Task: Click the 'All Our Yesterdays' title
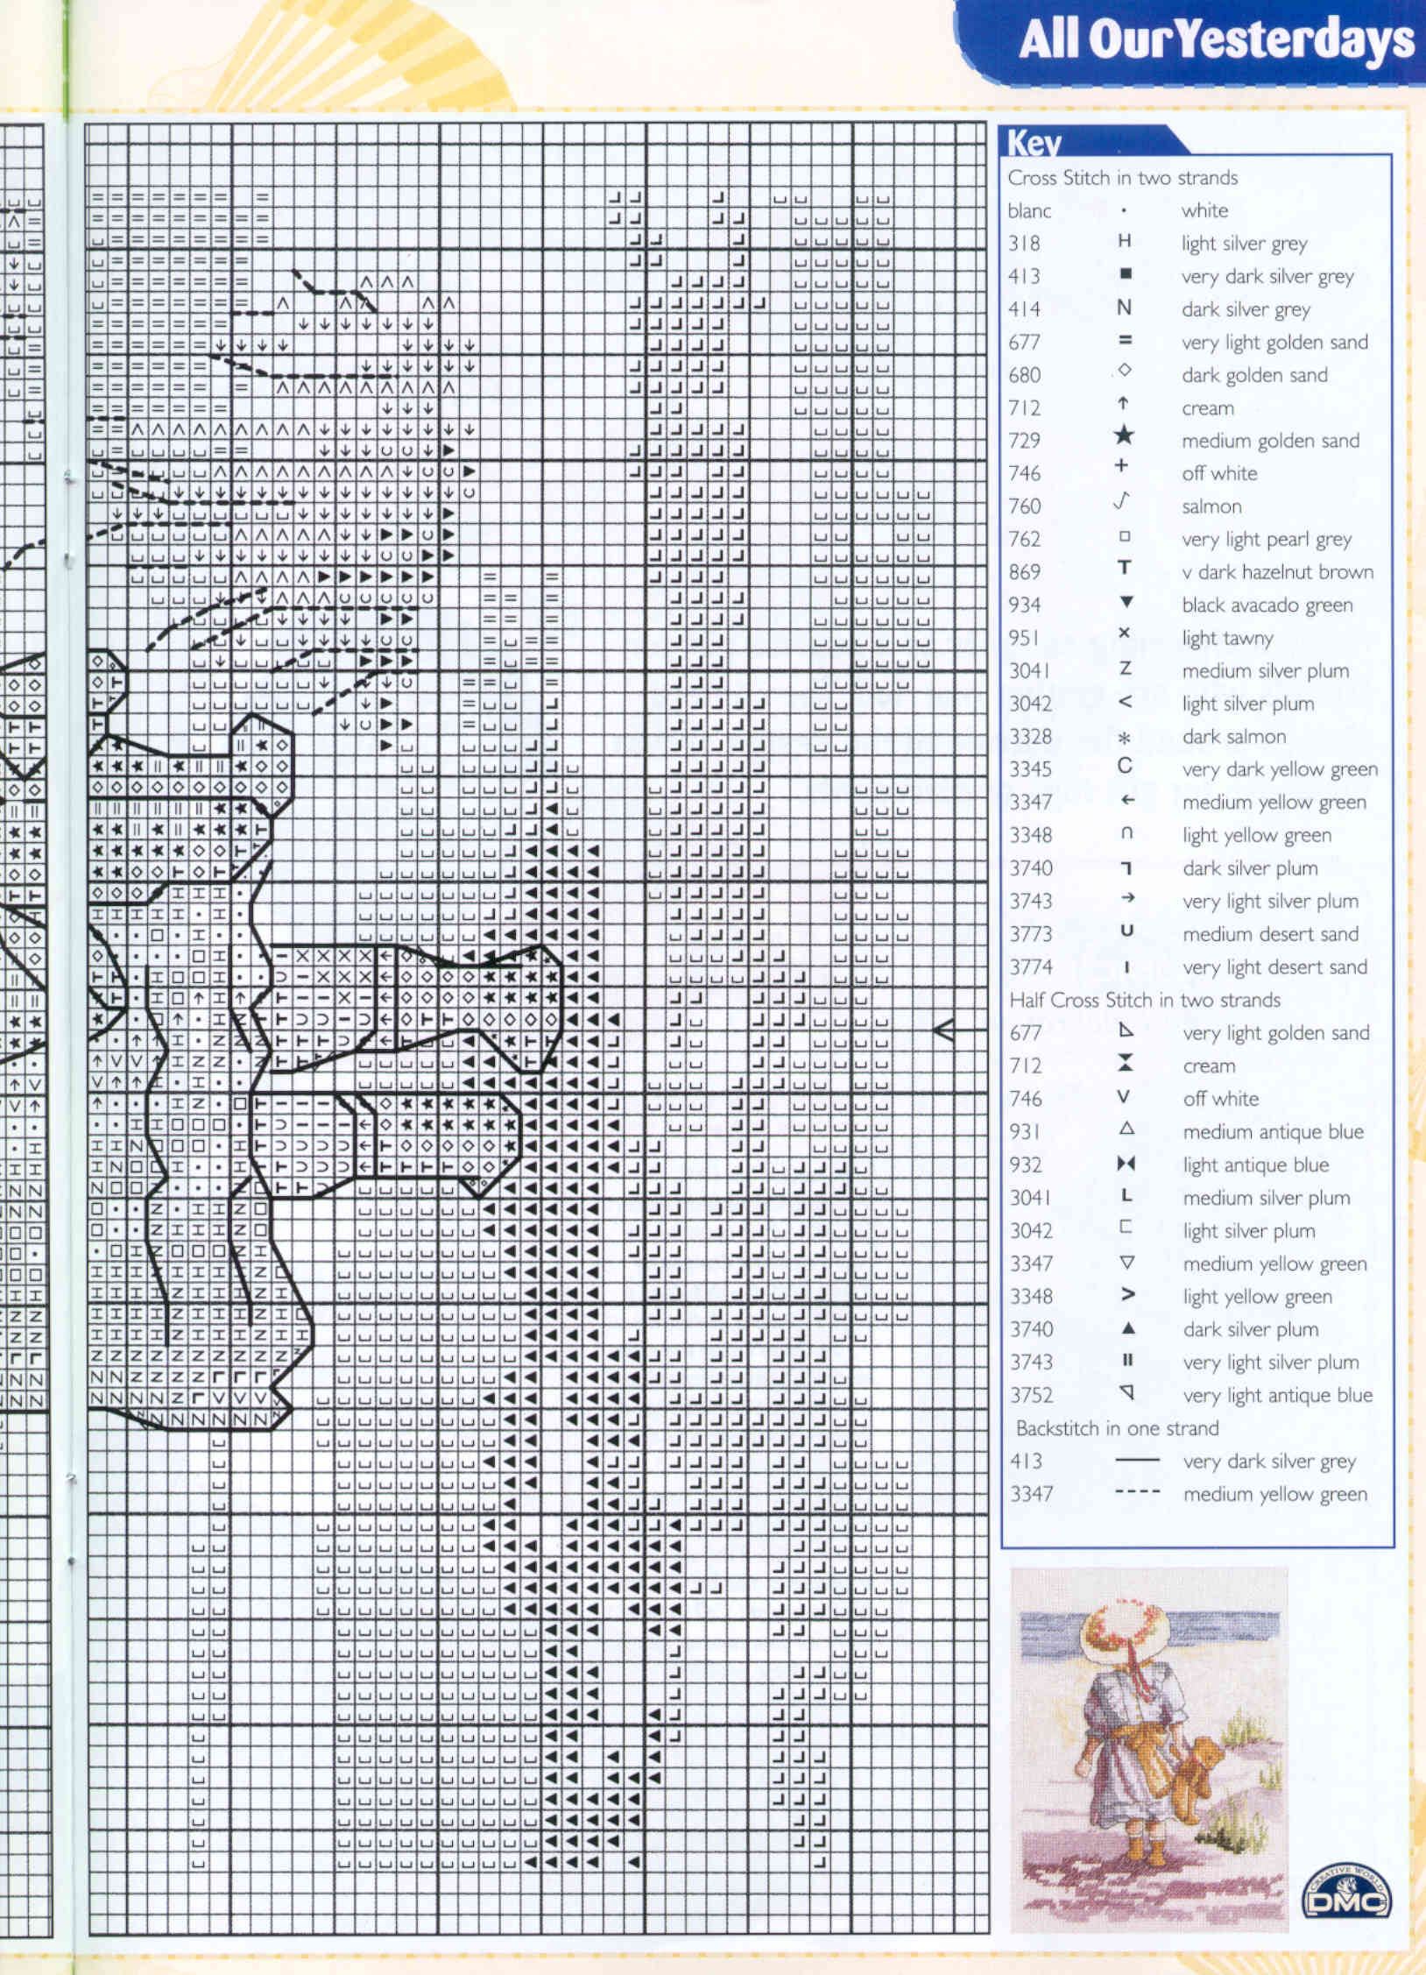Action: [x=1216, y=40]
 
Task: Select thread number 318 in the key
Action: [x=1024, y=244]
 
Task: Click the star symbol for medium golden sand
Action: [x=1124, y=436]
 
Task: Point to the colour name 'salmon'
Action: [x=1211, y=506]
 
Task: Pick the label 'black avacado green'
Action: [x=1267, y=605]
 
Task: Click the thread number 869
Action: [x=1024, y=572]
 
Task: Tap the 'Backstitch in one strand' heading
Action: [x=1117, y=1428]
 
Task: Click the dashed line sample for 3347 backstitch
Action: [x=1137, y=1492]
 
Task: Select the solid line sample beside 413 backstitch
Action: [x=1137, y=1460]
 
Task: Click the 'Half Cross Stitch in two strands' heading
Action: [x=1145, y=1000]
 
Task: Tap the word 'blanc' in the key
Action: [x=1029, y=211]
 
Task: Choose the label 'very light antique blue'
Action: [x=1277, y=1395]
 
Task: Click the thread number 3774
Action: [x=1030, y=967]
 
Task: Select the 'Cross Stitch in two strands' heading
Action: [x=1122, y=178]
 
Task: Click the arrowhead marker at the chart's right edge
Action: [x=944, y=1030]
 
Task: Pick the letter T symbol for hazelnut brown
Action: [x=1124, y=569]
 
